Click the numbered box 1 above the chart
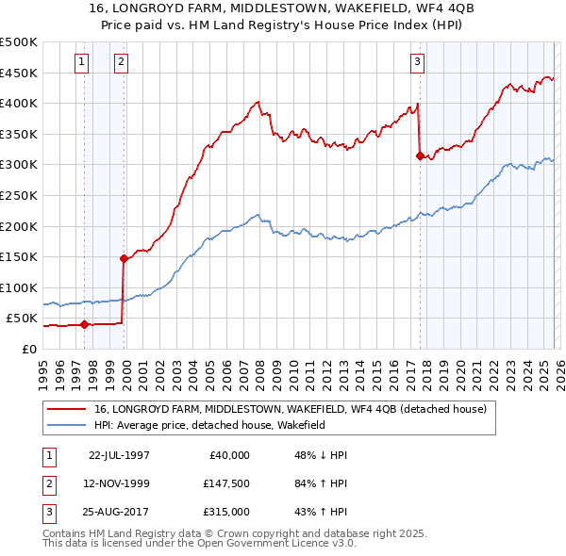point(83,63)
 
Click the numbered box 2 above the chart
point(122,63)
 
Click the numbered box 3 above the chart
point(417,63)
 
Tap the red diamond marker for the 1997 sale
point(85,324)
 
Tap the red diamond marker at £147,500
point(124,257)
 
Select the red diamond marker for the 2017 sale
point(420,156)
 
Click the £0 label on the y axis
point(28,349)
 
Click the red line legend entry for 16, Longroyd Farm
point(290,409)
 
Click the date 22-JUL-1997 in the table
point(119,454)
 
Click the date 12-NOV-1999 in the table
point(119,482)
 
